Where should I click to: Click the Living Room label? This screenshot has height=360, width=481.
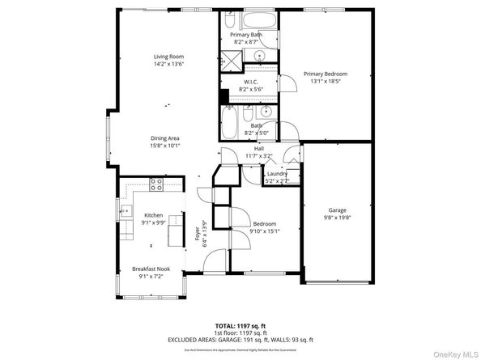[169, 57]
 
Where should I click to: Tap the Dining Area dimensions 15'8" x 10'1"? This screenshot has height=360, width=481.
[164, 146]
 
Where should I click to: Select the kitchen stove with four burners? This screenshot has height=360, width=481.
[155, 185]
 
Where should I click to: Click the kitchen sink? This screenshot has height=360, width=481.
[128, 212]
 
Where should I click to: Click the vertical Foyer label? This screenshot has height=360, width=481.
[197, 235]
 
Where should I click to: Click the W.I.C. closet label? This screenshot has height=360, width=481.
[250, 82]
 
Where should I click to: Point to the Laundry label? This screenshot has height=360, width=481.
[278, 174]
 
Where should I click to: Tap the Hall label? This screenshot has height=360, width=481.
[259, 149]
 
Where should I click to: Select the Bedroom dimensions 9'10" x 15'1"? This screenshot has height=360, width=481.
[264, 231]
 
